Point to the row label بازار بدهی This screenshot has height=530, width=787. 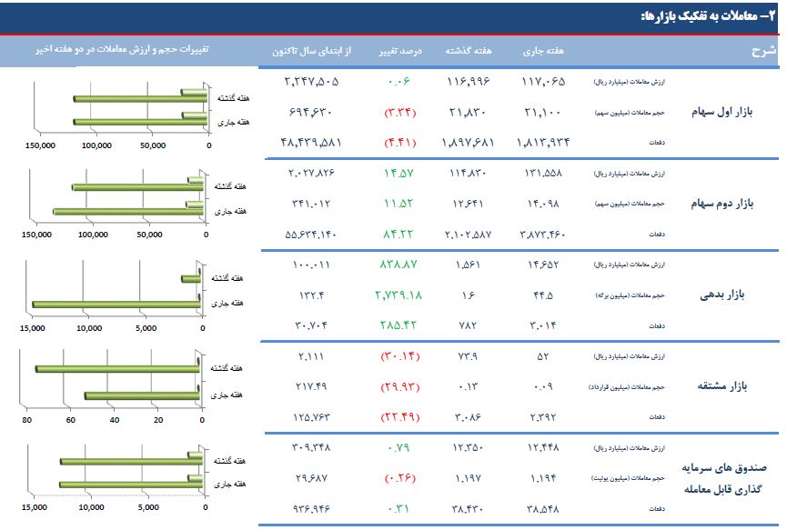(x=724, y=295)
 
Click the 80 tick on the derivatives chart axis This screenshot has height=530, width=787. (x=26, y=420)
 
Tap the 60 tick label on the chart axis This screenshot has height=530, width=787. (x=70, y=420)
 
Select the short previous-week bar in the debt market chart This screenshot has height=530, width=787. (x=191, y=279)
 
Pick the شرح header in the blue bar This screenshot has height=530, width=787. (x=764, y=51)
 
